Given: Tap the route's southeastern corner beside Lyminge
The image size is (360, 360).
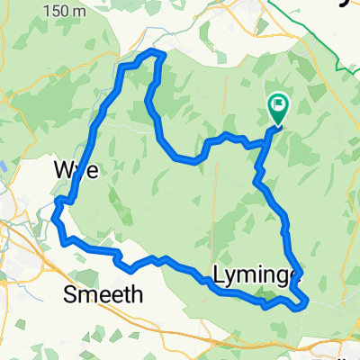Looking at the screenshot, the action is [306, 305].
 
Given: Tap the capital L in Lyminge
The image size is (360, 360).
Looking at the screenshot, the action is [220, 274].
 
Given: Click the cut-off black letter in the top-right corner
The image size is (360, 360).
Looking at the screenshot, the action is [354, 3].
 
